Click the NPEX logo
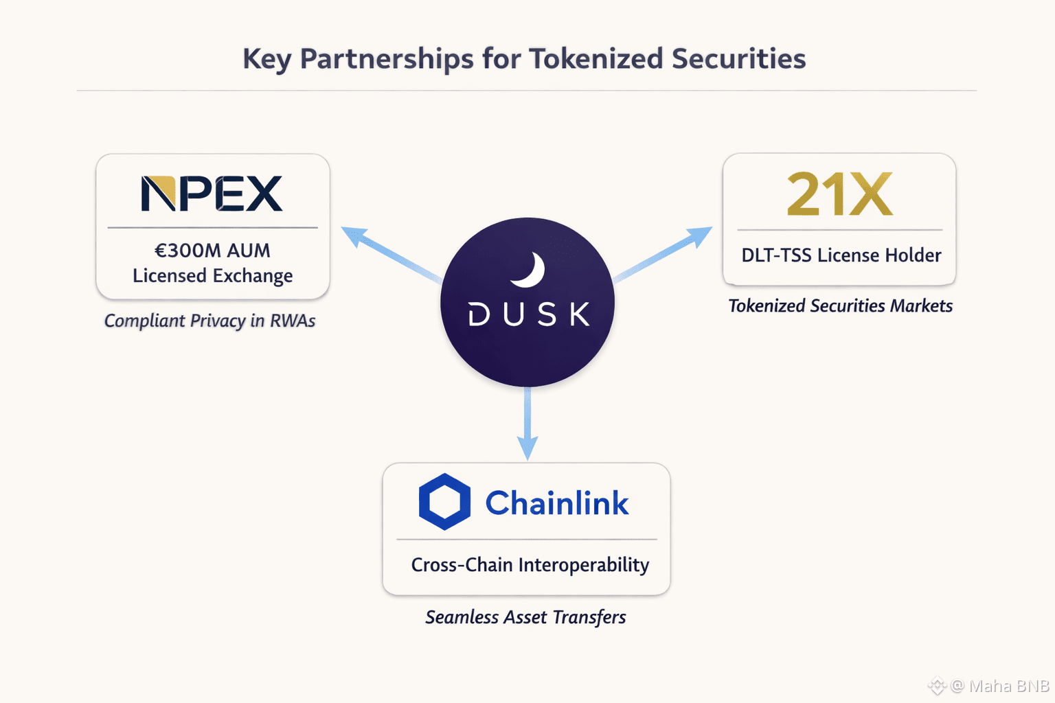pyautogui.click(x=212, y=193)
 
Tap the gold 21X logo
pyautogui.click(x=839, y=194)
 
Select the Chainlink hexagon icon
pyautogui.click(x=444, y=502)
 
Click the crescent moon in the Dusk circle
pyautogui.click(x=528, y=270)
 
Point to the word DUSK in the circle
pyautogui.click(x=529, y=314)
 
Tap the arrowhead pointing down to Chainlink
pyautogui.click(x=527, y=447)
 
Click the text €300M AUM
pyautogui.click(x=212, y=251)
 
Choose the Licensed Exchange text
pyautogui.click(x=212, y=276)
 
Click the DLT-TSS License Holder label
pyautogui.click(x=841, y=255)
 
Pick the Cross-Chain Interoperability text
pyautogui.click(x=530, y=565)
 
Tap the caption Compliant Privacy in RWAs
pyautogui.click(x=209, y=321)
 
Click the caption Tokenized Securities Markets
pyautogui.click(x=840, y=306)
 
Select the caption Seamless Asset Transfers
pyautogui.click(x=525, y=617)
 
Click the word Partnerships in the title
pyautogui.click(x=387, y=59)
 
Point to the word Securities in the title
pyautogui.click(x=738, y=59)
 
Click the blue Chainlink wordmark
pyautogui.click(x=556, y=503)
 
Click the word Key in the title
pyautogui.click(x=266, y=59)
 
